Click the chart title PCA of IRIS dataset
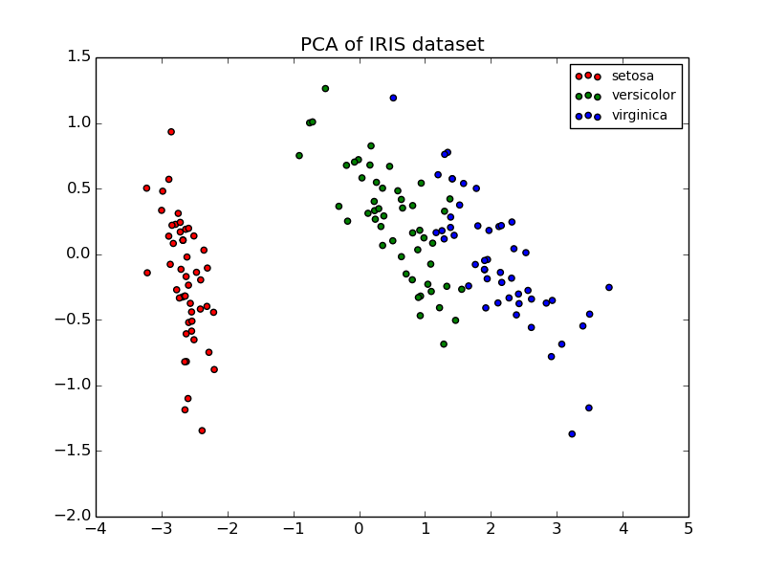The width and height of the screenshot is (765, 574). coord(392,45)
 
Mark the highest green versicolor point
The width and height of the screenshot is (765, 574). coord(325,89)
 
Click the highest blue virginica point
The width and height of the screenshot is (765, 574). coord(393,98)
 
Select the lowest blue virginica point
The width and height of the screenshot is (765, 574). coord(572,433)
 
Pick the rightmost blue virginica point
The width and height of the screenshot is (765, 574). coord(608,287)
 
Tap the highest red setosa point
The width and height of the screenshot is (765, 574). coord(171,132)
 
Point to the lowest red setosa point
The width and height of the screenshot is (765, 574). coord(202,430)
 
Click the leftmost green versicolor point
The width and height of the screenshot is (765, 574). coord(299,155)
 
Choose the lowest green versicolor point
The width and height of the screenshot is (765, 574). coord(444,343)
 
